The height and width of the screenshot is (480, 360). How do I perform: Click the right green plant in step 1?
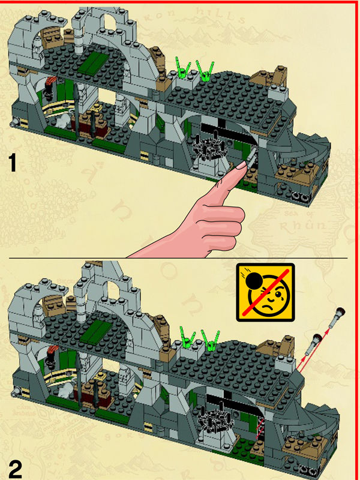pos(206,70)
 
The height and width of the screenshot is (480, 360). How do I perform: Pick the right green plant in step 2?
pos(211,340)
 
